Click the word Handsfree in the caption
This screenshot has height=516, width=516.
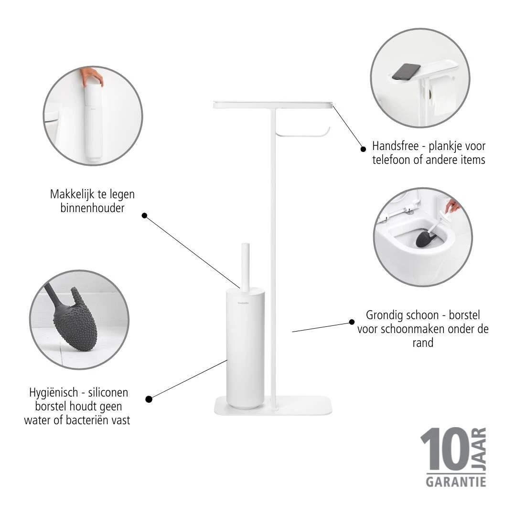pyautogui.click(x=395, y=146)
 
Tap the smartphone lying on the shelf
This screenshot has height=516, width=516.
pyautogui.click(x=406, y=72)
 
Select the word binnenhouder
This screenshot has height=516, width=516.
pyautogui.click(x=93, y=208)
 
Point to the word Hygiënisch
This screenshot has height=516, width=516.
pyautogui.click(x=54, y=393)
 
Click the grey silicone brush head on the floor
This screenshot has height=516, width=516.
pyautogui.click(x=75, y=319)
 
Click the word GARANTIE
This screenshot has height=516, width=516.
pyautogui.click(x=456, y=482)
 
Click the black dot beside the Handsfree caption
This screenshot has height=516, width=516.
pyautogui.click(x=363, y=149)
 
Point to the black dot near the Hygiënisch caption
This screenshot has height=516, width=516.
pyautogui.click(x=149, y=399)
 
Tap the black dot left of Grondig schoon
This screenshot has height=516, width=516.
pyautogui.click(x=352, y=322)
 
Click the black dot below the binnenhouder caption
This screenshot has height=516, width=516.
pyautogui.click(x=144, y=215)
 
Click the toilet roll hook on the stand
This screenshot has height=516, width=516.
pyautogui.click(x=303, y=134)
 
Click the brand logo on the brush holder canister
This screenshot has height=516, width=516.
pyautogui.click(x=243, y=303)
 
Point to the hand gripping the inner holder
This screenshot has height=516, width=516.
pyautogui.click(x=93, y=76)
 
